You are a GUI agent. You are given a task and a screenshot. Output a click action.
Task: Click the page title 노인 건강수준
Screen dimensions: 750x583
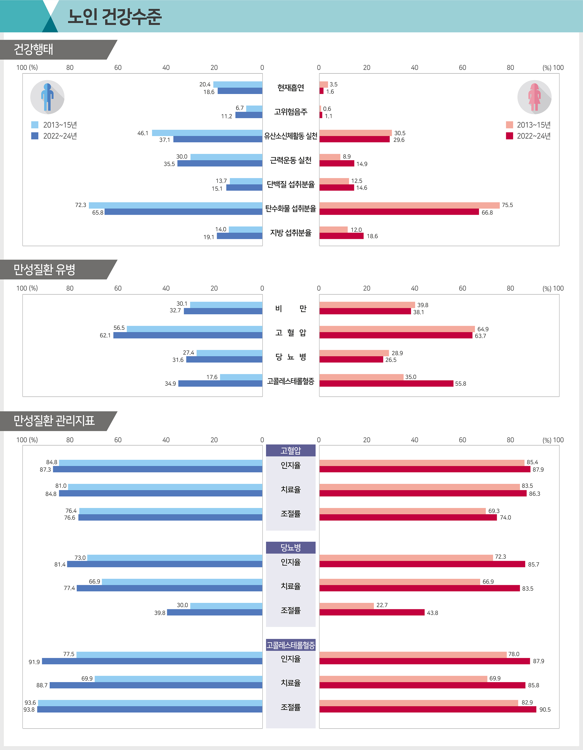[114, 17]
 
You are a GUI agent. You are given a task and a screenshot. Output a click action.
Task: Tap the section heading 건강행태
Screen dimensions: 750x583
[33, 49]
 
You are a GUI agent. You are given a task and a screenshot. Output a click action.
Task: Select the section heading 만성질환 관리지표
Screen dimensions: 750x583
[54, 421]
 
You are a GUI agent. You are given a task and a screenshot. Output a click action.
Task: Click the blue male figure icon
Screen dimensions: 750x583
[47, 97]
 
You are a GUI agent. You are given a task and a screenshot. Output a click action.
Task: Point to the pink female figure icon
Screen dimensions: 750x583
[534, 97]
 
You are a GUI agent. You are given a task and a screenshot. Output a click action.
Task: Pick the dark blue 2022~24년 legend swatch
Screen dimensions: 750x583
[35, 136]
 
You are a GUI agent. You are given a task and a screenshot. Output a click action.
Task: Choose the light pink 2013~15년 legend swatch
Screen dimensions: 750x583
[509, 125]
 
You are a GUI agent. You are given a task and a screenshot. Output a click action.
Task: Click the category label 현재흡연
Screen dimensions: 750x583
[291, 88]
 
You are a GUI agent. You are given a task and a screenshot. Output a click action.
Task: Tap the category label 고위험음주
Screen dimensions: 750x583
[291, 112]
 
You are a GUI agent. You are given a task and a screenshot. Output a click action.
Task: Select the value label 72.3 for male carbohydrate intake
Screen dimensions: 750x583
[81, 205]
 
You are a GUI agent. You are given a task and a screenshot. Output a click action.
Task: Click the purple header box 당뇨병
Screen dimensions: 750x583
[291, 547]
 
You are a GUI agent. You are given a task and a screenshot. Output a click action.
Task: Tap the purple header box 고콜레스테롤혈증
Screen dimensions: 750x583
[291, 645]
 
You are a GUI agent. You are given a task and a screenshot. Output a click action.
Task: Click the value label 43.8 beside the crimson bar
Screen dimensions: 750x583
[432, 613]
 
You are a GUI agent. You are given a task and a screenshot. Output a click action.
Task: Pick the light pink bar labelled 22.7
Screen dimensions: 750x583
[346, 606]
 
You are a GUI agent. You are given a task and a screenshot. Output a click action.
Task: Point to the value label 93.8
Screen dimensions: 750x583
[29, 709]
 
